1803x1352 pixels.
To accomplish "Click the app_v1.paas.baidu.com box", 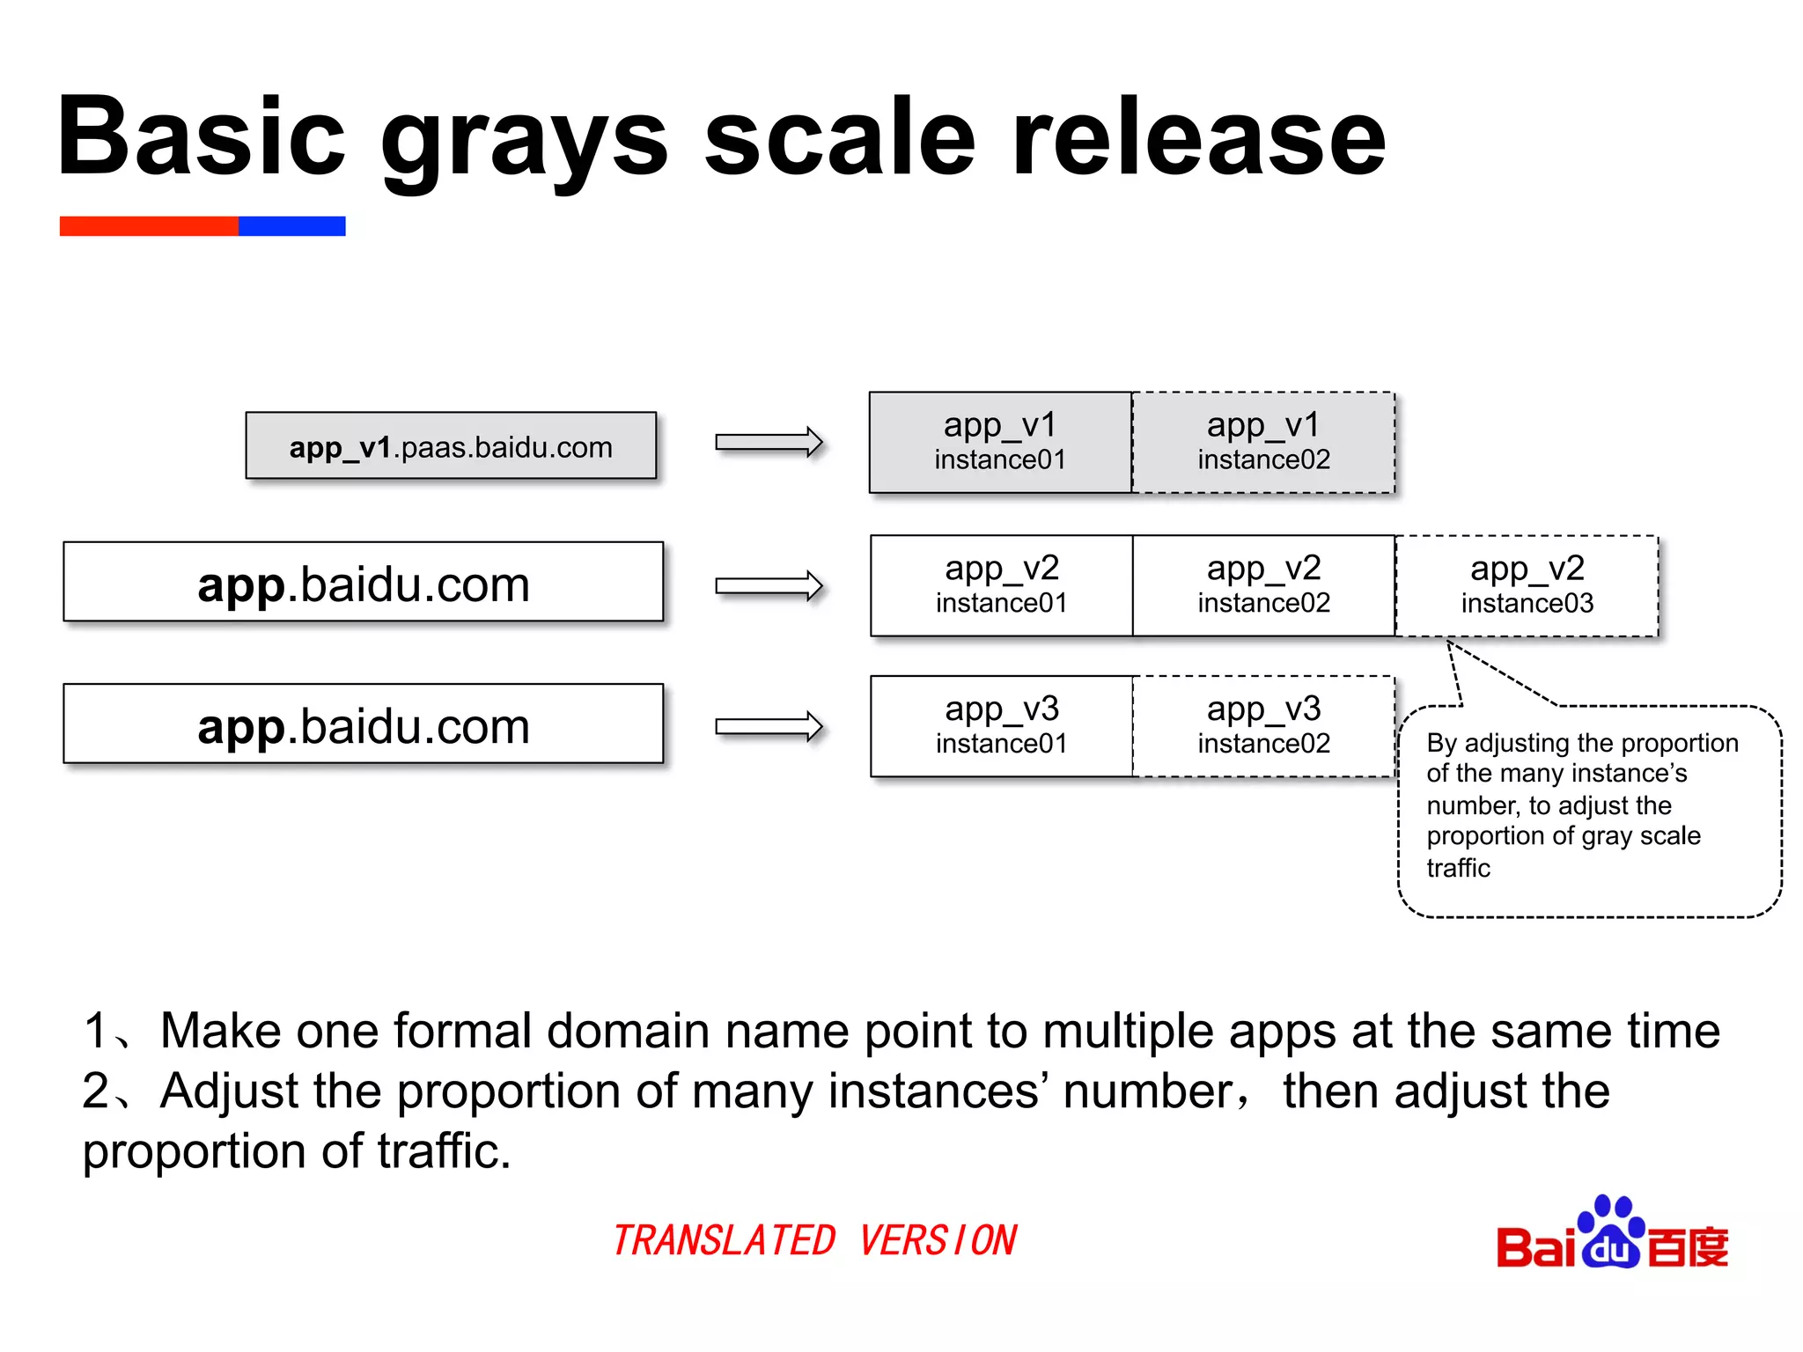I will click(451, 446).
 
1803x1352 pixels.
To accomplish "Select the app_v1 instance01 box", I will click(1000, 442).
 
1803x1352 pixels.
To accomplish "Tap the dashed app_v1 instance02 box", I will click(1263, 442).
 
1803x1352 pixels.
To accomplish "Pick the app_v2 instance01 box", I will click(1001, 585).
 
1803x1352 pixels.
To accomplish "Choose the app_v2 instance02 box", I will click(1263, 585).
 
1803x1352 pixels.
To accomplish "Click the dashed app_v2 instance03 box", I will click(1527, 585).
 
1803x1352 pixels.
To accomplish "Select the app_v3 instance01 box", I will click(1001, 726).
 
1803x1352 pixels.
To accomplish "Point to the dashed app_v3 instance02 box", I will click(1263, 726).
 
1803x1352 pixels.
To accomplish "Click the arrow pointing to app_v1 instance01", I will click(769, 442).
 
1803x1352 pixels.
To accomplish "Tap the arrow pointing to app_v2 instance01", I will click(769, 585).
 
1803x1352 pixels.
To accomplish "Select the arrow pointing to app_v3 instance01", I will click(769, 727).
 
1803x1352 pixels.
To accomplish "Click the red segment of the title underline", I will click(149, 226).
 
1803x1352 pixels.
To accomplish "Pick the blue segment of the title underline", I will click(291, 226).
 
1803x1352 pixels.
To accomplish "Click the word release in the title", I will click(1199, 138).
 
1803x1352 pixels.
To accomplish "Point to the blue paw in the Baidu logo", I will click(1611, 1232).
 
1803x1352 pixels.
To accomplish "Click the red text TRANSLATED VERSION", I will click(814, 1240).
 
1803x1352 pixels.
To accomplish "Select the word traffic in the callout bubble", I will click(1458, 868).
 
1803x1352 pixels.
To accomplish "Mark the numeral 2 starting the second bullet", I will click(95, 1091).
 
